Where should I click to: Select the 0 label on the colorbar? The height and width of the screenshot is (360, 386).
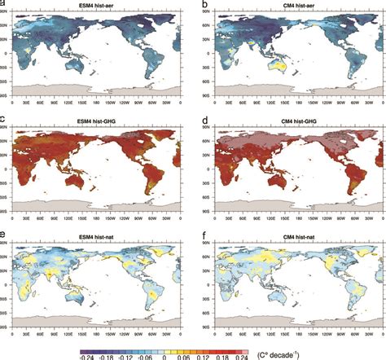tap(164, 356)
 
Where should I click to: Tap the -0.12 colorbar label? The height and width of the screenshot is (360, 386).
tap(125, 356)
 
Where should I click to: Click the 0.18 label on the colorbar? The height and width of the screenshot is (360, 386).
tap(223, 356)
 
